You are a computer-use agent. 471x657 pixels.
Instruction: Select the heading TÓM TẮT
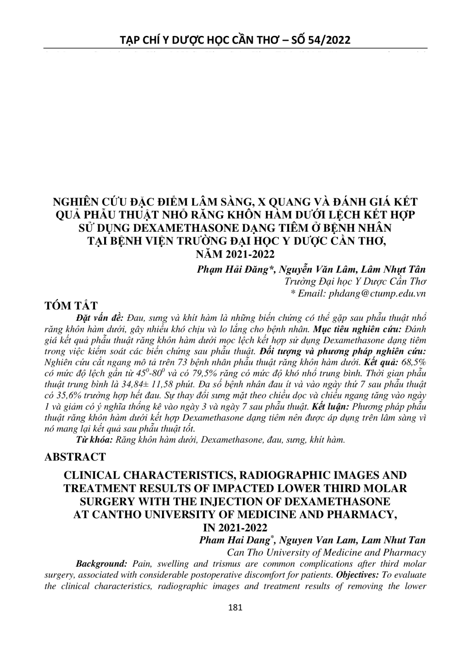(x=71, y=306)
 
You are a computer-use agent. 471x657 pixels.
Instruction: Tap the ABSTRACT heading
(x=75, y=457)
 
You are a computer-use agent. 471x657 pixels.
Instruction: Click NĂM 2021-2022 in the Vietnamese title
(x=235, y=254)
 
